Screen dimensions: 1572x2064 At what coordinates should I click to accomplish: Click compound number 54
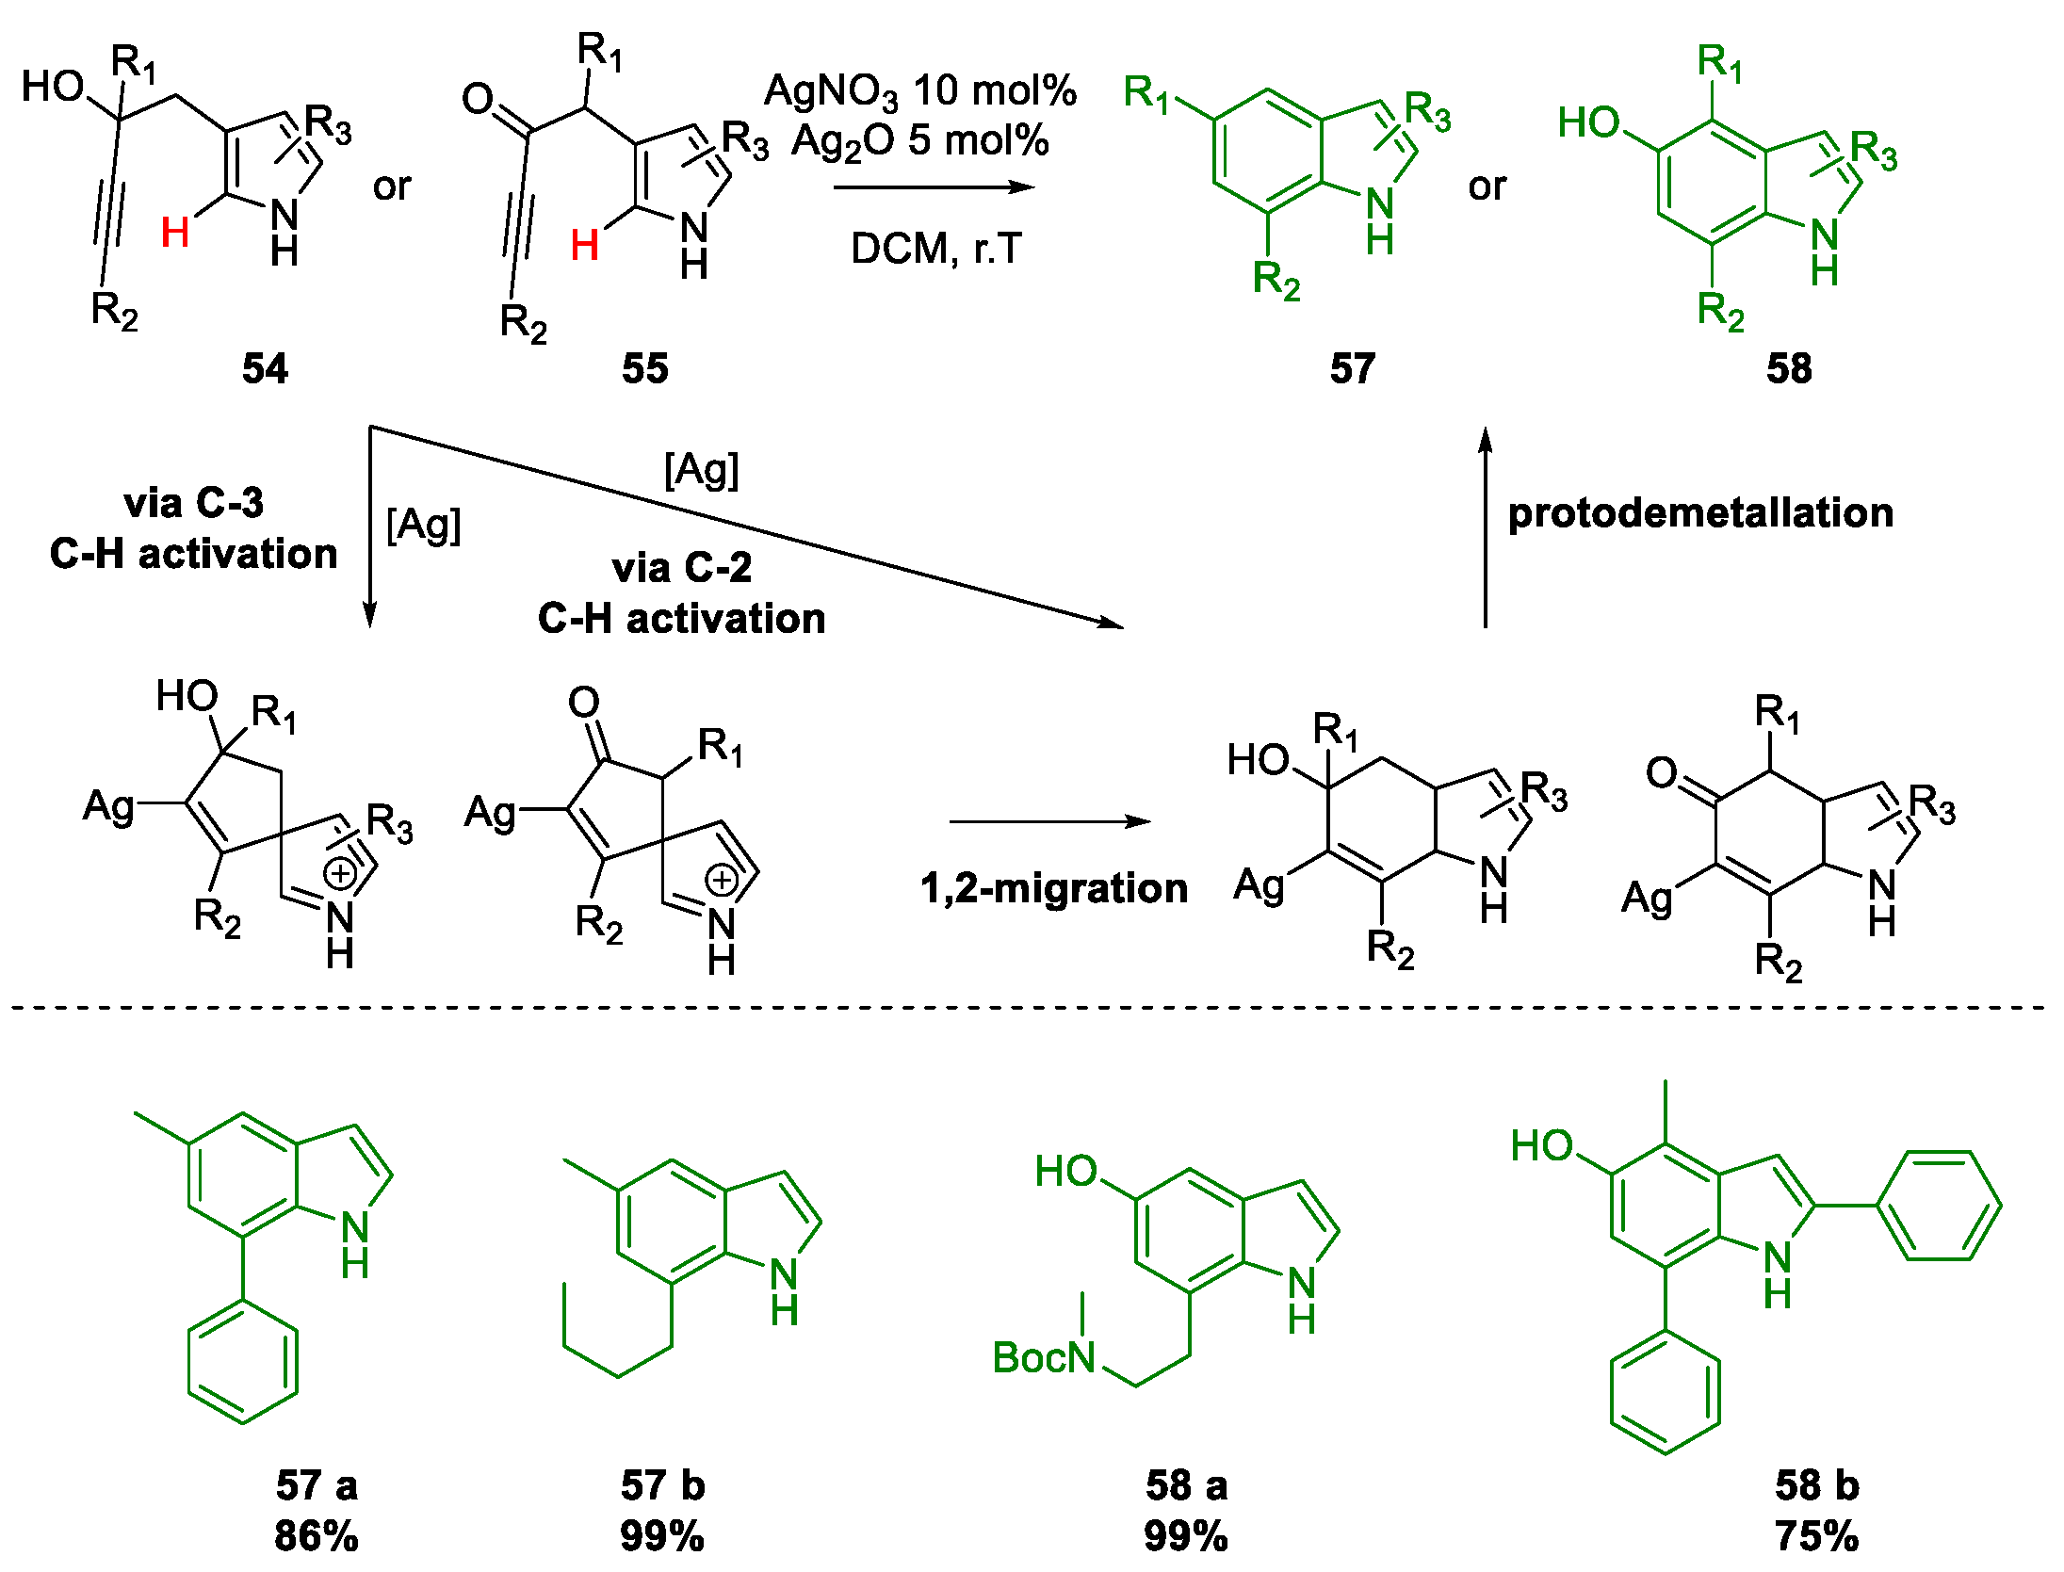tap(265, 368)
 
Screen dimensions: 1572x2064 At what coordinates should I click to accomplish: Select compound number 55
tap(644, 368)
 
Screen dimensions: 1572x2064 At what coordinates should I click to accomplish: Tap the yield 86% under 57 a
tap(317, 1536)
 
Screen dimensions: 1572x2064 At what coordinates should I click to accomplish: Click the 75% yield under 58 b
tap(1816, 1536)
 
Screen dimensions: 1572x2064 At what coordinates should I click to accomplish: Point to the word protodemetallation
tap(1700, 513)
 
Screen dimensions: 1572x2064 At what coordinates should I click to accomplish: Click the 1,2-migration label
tap(1053, 888)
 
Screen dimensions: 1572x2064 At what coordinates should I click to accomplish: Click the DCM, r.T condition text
tap(935, 250)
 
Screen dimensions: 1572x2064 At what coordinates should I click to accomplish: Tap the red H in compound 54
tap(175, 233)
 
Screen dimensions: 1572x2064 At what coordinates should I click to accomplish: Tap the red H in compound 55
tap(584, 246)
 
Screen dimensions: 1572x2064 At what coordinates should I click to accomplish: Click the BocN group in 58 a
tap(1043, 1357)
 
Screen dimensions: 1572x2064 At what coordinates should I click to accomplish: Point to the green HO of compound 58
tap(1588, 122)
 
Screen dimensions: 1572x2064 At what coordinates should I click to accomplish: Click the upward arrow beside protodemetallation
tap(1486, 527)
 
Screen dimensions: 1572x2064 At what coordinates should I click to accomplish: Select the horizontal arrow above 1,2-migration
tap(1048, 821)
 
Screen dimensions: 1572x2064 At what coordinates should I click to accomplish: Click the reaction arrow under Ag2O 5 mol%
tap(933, 187)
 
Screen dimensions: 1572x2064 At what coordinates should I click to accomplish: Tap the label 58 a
tap(1186, 1485)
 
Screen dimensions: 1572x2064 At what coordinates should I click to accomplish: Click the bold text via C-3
tap(193, 503)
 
